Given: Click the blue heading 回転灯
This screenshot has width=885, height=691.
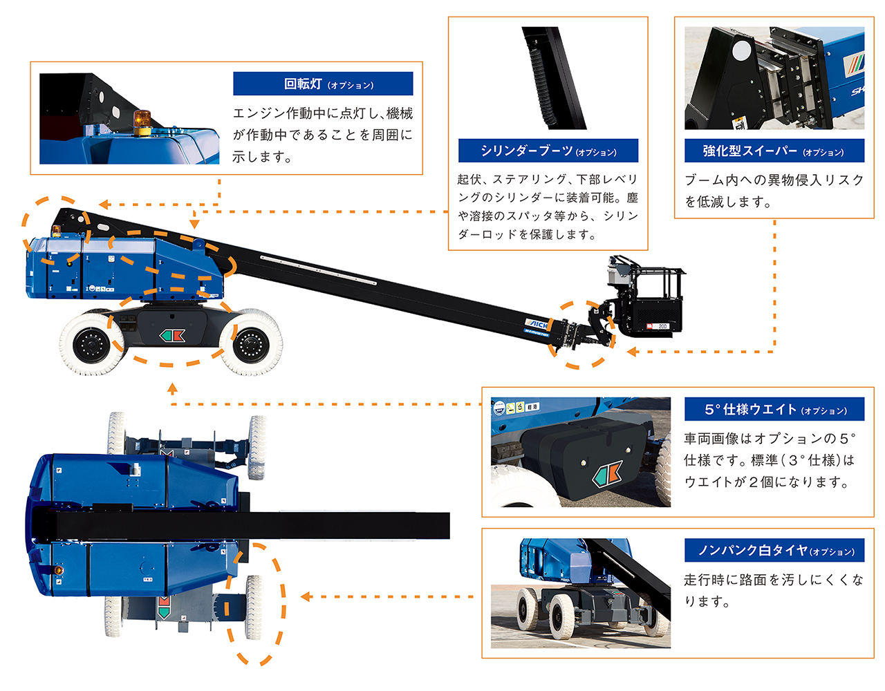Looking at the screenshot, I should (x=323, y=84).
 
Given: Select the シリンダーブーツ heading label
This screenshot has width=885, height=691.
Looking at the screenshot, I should (x=548, y=151).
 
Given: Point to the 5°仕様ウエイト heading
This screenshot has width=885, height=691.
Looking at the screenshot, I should (x=774, y=410).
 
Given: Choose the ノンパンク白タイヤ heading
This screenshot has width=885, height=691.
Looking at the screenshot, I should (x=774, y=551).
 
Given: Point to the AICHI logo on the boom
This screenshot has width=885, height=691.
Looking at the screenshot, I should (x=537, y=324).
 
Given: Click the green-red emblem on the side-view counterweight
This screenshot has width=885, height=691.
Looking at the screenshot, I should (x=172, y=336).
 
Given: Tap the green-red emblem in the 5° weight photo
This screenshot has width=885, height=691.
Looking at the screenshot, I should (x=608, y=475).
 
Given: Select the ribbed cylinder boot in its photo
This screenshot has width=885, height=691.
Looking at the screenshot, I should (x=541, y=86).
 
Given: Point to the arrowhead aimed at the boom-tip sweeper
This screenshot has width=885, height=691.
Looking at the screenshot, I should (x=631, y=352).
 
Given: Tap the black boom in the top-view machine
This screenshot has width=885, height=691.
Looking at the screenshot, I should (x=277, y=526).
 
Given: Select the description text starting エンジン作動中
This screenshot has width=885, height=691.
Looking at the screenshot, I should (x=323, y=135).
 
